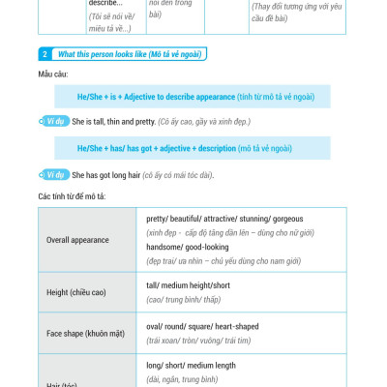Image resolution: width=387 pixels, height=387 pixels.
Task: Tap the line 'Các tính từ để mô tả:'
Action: [x=72, y=196]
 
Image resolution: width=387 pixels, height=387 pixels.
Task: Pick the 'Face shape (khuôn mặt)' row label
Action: [x=88, y=333]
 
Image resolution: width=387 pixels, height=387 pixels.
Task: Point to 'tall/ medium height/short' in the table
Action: [x=189, y=285]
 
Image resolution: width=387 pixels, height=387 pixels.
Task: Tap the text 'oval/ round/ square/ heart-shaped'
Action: [x=202, y=326]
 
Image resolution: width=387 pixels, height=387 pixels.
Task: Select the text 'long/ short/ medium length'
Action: [x=191, y=366]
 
